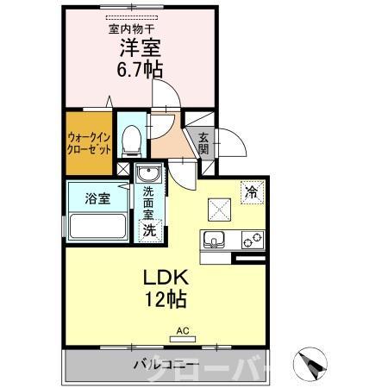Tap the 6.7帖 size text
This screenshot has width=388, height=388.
pyautogui.click(x=139, y=72)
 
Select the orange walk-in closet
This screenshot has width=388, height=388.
pyautogui.click(x=88, y=141)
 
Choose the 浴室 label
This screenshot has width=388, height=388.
pyautogui.click(x=97, y=199)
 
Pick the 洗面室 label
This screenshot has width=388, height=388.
pyautogui.click(x=148, y=203)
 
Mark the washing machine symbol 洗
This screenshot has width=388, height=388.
pyautogui.click(x=149, y=229)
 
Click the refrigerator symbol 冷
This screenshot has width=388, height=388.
pyautogui.click(x=251, y=192)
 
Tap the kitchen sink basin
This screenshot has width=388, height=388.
pyautogui.click(x=214, y=239)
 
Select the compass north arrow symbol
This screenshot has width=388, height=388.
pyautogui.click(x=312, y=363)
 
